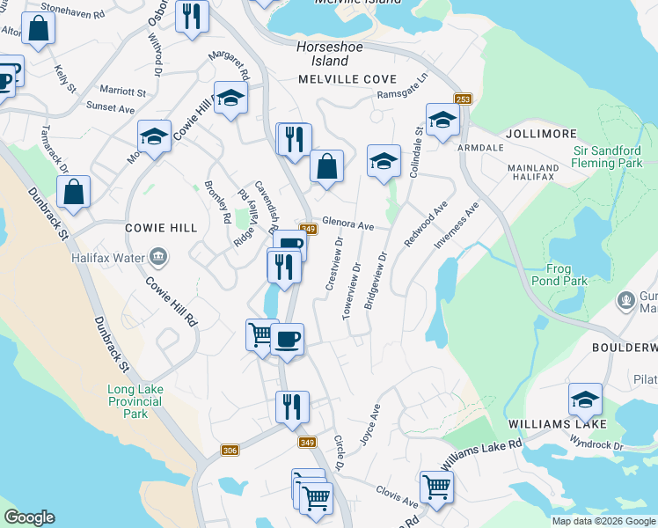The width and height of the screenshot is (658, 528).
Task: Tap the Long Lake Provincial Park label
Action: click(135, 401)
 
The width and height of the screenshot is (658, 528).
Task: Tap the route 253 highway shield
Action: click(463, 100)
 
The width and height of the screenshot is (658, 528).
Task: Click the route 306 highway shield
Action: click(230, 450)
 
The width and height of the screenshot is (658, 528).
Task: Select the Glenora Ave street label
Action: click(348, 224)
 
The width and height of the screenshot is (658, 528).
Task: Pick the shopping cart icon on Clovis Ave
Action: click(436, 485)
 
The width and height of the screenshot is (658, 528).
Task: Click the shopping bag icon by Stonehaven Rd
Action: click(40, 28)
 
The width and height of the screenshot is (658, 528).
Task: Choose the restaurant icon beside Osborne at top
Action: click(191, 16)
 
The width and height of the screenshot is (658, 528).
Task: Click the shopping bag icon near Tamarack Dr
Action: click(74, 191)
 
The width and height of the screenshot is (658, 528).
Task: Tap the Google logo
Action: click(29, 517)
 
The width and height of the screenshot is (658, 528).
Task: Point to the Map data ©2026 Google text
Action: click(603, 521)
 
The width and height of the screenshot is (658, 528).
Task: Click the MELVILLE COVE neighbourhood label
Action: click(347, 79)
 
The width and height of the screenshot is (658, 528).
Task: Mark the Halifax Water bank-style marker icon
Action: click(158, 257)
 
